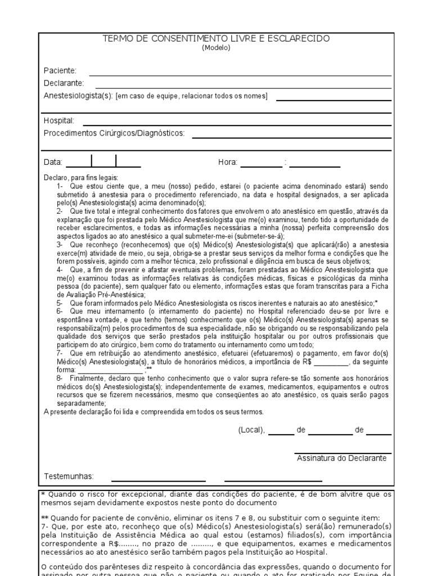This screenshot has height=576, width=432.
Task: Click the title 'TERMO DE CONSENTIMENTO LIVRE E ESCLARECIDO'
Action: (216, 39)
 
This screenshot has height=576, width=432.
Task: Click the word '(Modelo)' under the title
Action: (216, 48)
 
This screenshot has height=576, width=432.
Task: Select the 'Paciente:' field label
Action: (60, 71)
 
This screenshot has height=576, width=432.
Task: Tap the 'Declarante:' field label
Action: (64, 83)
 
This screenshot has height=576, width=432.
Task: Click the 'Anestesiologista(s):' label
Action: (78, 96)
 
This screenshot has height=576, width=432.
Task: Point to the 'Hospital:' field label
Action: (59, 121)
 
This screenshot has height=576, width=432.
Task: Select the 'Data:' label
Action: (53, 163)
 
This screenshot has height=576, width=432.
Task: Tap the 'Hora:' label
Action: (228, 163)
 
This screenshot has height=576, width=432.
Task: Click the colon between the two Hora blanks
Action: (286, 163)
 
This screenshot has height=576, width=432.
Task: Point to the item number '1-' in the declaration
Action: (60, 186)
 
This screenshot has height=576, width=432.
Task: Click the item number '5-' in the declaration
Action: (60, 303)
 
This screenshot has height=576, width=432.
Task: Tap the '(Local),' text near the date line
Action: (251, 430)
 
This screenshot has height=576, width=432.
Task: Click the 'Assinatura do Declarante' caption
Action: (341, 458)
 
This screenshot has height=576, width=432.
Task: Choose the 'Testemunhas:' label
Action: (69, 476)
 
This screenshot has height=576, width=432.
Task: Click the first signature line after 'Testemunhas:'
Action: (158, 481)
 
